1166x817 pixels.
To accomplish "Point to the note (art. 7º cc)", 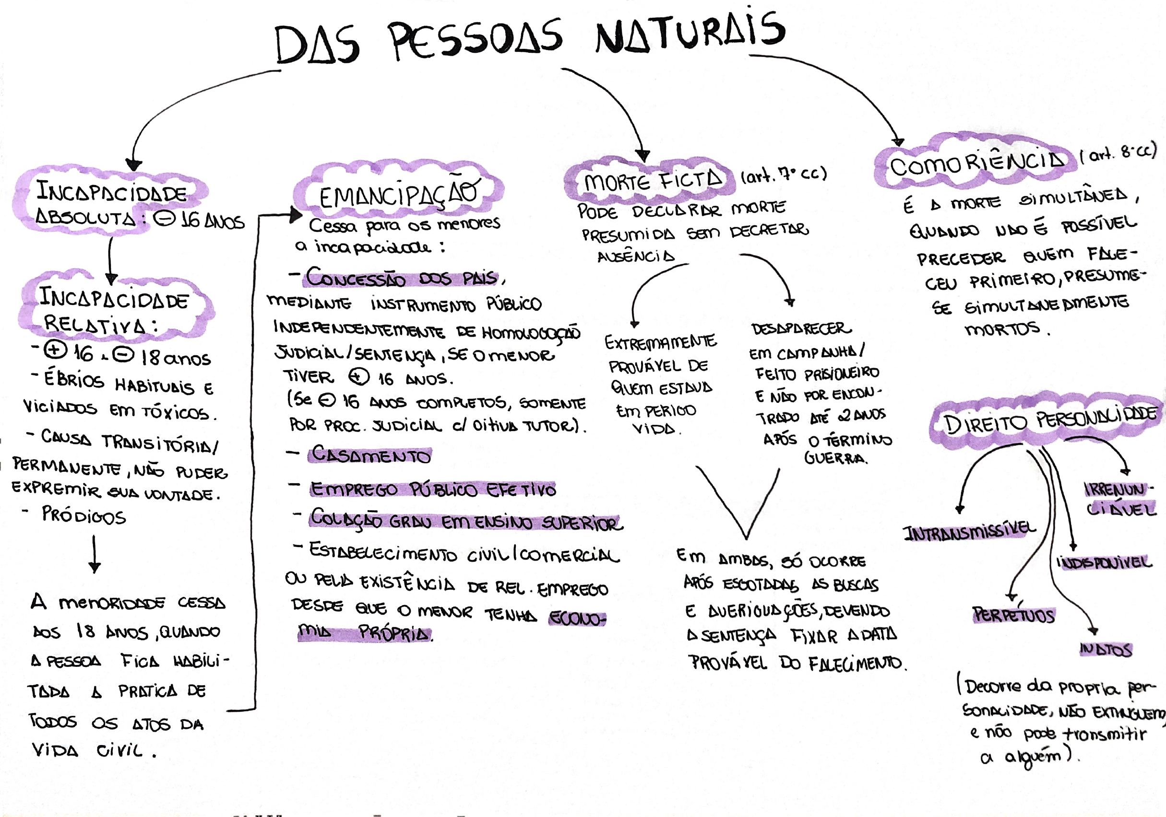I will tap(784, 175).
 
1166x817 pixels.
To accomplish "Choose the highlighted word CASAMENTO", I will tap(370, 455).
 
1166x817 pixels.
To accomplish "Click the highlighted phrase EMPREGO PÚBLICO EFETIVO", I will tap(433, 489).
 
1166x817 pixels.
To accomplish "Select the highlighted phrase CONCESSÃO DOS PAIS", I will tap(401, 278).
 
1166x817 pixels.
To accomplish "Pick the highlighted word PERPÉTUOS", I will tap(1013, 615).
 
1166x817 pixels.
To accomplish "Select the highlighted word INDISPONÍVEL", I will tap(1104, 562).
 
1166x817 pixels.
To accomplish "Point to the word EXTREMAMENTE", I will tap(660, 342).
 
